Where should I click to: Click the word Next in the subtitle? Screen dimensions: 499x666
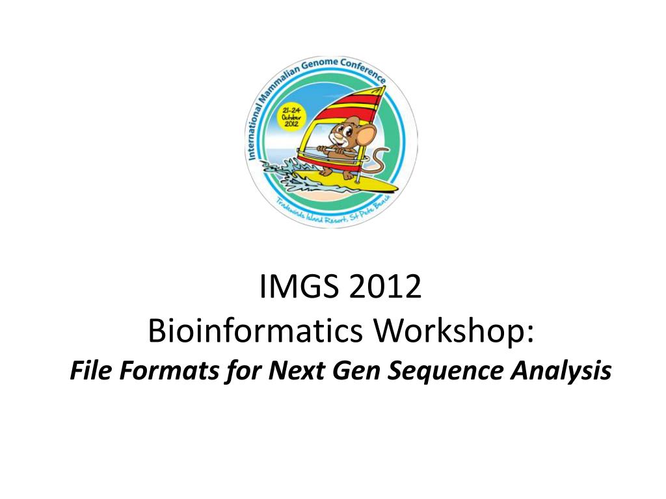coord(293,371)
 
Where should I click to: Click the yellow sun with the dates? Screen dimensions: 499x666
coord(287,118)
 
